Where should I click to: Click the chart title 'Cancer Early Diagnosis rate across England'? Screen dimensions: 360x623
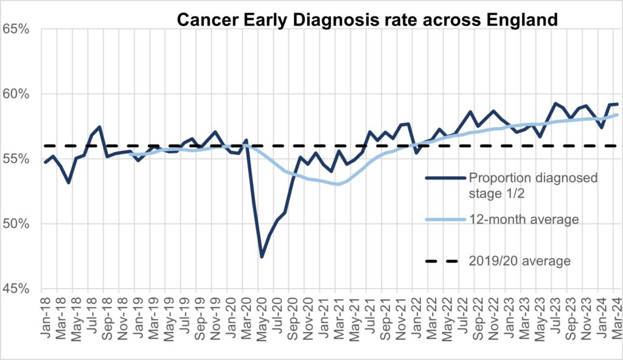click(367, 19)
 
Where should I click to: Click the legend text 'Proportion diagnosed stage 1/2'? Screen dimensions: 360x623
click(532, 184)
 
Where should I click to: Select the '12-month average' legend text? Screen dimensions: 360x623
click(523, 220)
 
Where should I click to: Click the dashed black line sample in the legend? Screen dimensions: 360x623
click(442, 261)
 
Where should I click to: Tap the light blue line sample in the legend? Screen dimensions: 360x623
click(442, 220)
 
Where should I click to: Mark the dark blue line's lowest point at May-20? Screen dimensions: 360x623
click(262, 257)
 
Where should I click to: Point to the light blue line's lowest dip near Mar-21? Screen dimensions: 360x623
click(338, 184)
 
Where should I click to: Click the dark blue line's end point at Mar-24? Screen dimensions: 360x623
click(618, 104)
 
